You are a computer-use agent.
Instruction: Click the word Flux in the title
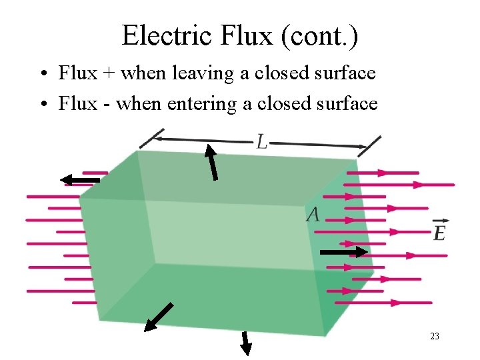coord(246,35)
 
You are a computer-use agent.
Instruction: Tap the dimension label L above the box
coord(263,141)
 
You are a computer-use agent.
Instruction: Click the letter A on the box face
coord(313,214)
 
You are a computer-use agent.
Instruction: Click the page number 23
coord(435,336)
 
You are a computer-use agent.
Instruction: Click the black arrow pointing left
coord(79,179)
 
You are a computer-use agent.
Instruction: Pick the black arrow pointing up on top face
coord(211,163)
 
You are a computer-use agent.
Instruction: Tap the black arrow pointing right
coord(343,252)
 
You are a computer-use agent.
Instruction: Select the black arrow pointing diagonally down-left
coord(159,317)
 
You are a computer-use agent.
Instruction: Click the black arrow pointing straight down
coord(245,343)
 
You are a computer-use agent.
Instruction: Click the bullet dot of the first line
coord(42,73)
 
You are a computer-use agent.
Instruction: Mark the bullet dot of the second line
coord(42,105)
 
